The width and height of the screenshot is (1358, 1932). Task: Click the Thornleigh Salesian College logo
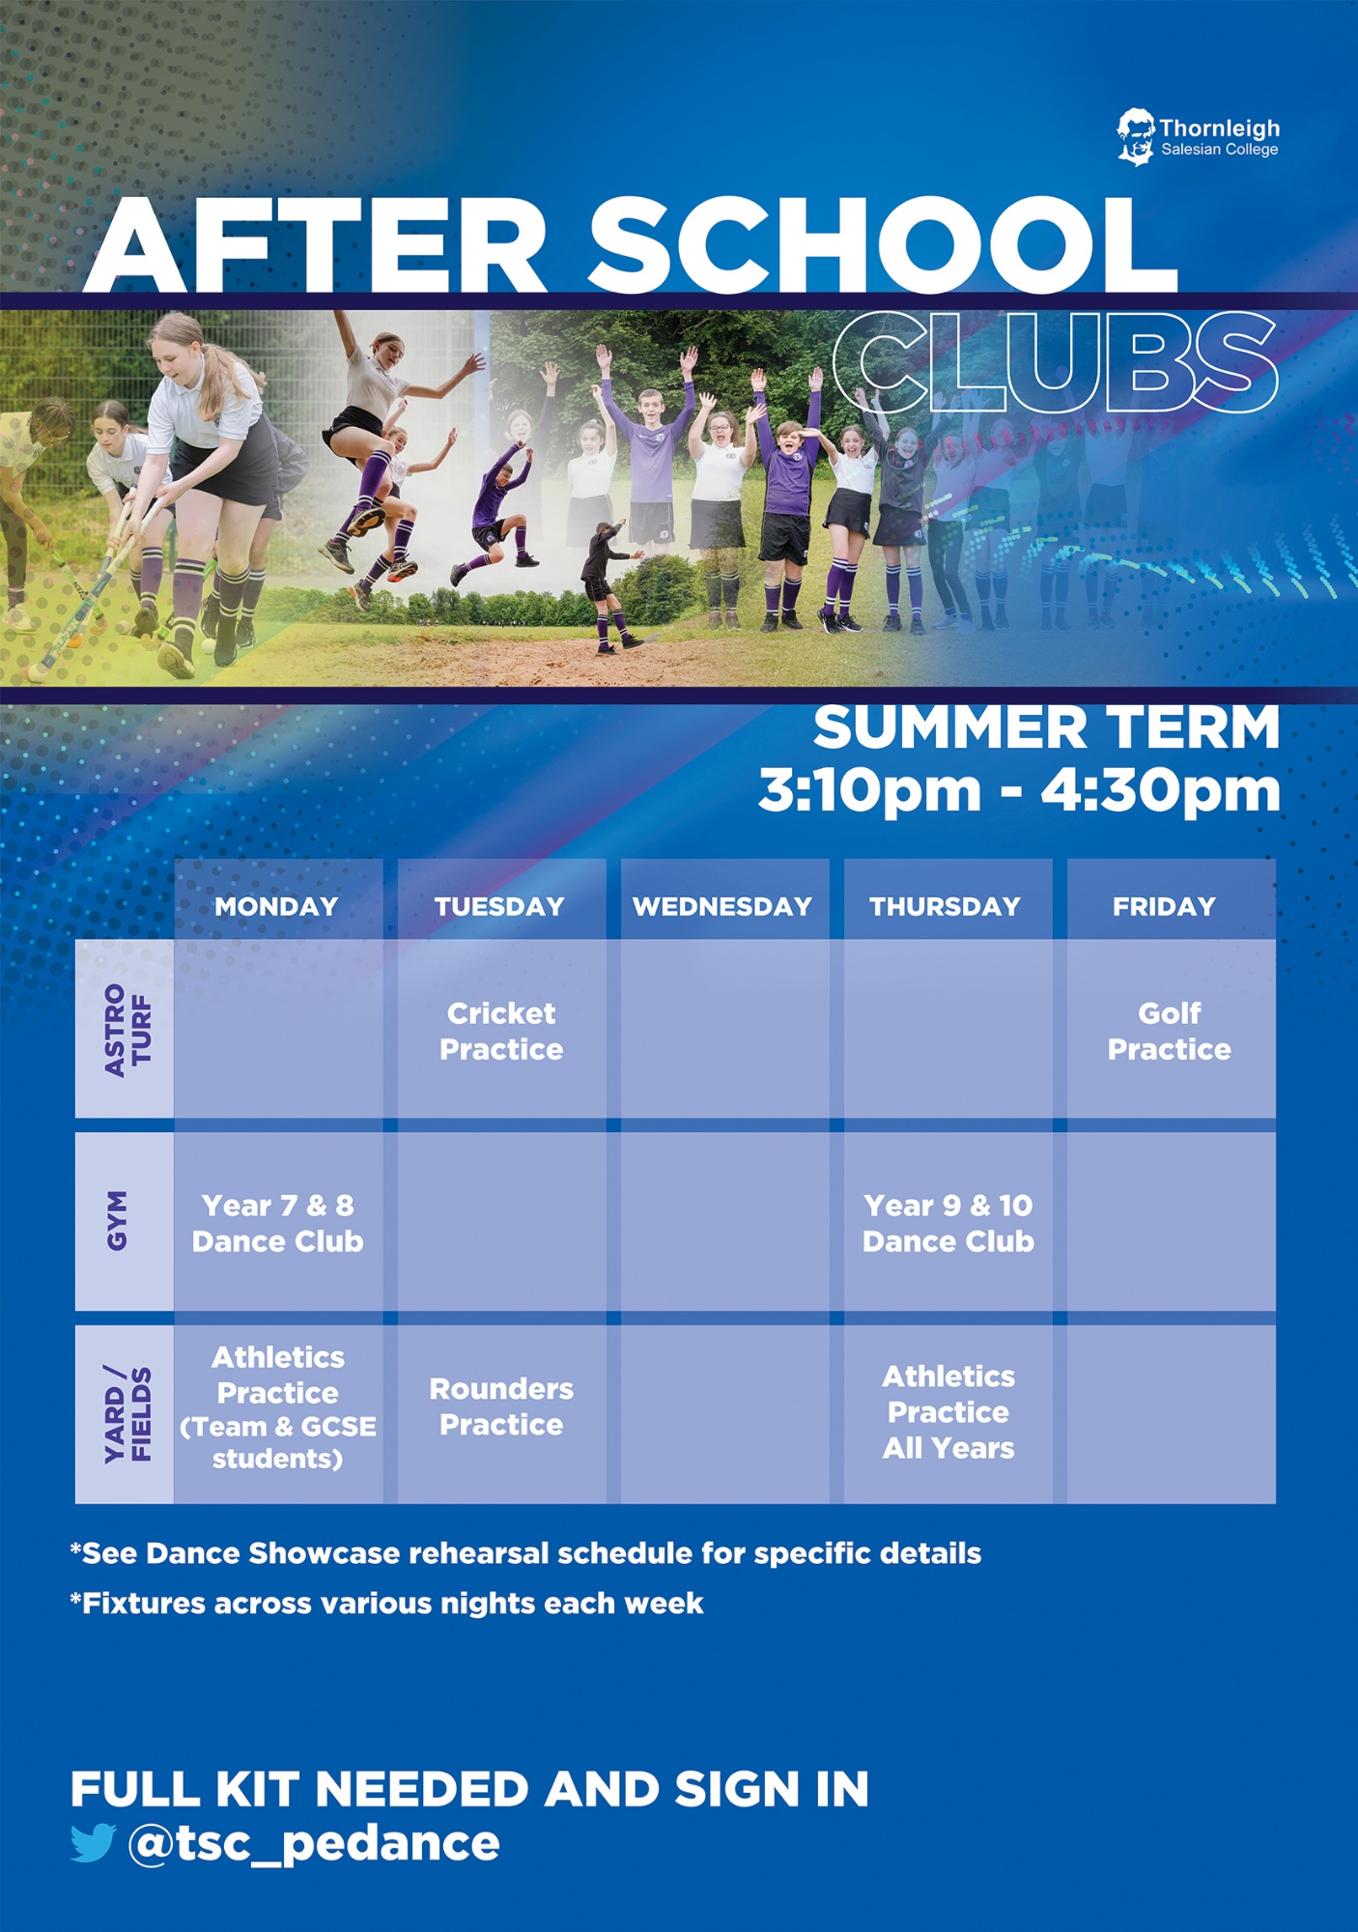pyautogui.click(x=1198, y=137)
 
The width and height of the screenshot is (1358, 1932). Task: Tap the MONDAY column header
pyautogui.click(x=276, y=906)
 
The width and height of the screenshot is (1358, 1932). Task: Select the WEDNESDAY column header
pyautogui.click(x=722, y=906)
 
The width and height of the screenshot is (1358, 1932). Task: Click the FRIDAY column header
pyautogui.click(x=1164, y=906)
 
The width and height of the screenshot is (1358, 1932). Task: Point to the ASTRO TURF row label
pyautogui.click(x=127, y=1030)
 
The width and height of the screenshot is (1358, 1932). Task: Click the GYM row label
pyautogui.click(x=116, y=1221)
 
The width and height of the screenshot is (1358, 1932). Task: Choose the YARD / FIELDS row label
pyautogui.click(x=127, y=1414)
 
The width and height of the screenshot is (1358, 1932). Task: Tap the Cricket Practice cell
pyautogui.click(x=501, y=1031)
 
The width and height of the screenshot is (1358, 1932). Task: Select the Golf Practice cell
pyautogui.click(x=1169, y=1031)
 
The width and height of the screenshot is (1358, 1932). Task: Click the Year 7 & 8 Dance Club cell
pyautogui.click(x=278, y=1223)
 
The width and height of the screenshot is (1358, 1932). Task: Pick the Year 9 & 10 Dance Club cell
pyautogui.click(x=948, y=1223)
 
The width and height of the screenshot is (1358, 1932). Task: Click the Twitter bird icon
pyautogui.click(x=93, y=1842)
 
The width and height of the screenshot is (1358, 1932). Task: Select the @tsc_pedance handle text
pyautogui.click(x=314, y=1843)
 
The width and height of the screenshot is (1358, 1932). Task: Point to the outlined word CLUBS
pyautogui.click(x=1056, y=362)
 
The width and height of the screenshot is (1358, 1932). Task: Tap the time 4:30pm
pyautogui.click(x=1160, y=791)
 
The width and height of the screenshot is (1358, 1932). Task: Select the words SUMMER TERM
pyautogui.click(x=1047, y=727)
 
